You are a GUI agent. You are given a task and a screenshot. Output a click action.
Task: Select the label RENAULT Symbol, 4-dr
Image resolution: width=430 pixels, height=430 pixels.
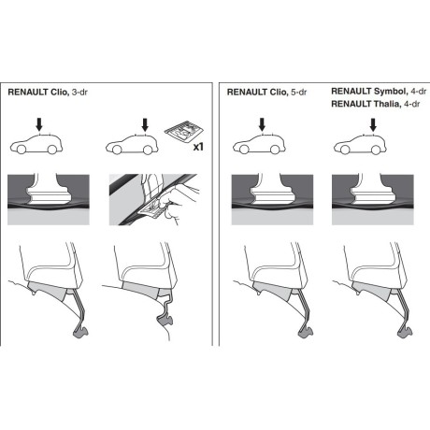(378, 92)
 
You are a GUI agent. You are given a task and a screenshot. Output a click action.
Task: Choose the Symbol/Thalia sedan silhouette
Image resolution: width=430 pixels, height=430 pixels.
(362, 146)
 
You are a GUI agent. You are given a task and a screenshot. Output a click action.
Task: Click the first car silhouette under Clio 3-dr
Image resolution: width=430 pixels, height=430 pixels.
(37, 146)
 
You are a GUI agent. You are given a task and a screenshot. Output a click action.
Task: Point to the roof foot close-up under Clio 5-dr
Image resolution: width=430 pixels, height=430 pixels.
(261, 195)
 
